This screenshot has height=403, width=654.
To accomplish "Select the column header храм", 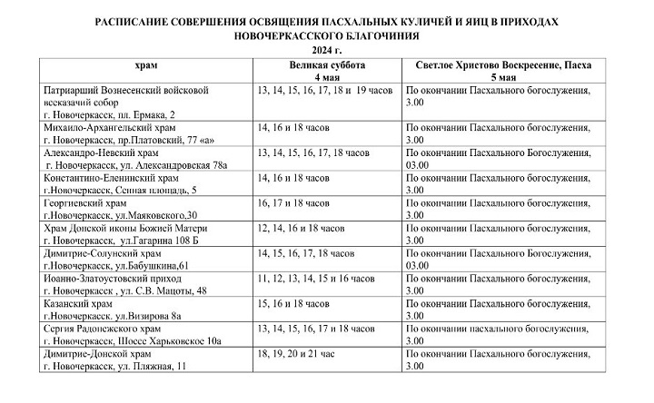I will pos(145,66).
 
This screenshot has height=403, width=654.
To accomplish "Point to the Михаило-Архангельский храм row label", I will pos(102,129).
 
